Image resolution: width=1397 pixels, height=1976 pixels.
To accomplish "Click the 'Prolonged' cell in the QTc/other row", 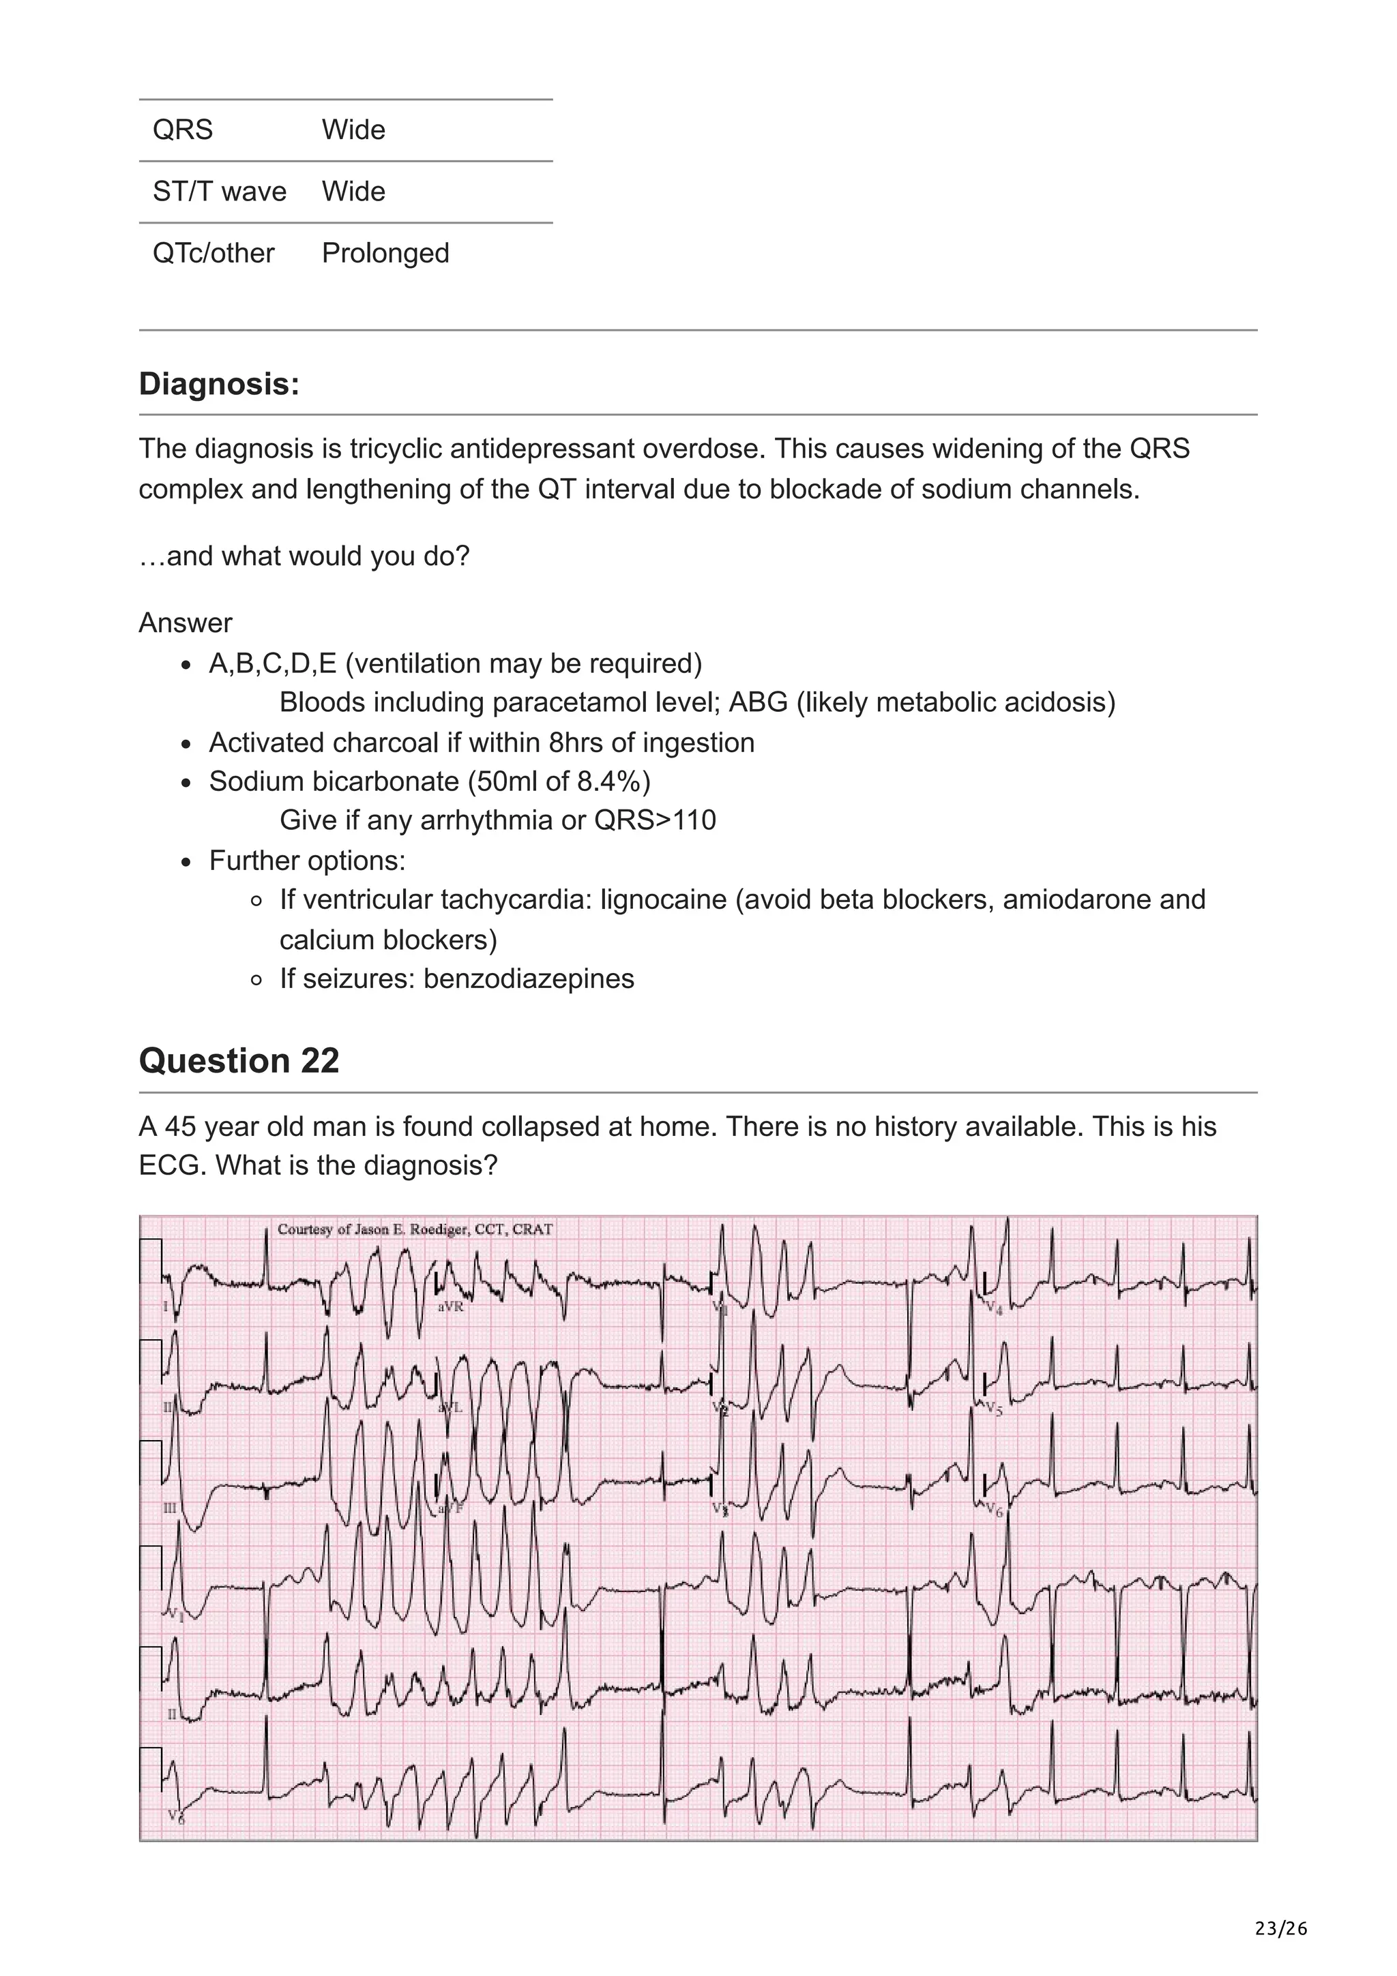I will click(x=385, y=253).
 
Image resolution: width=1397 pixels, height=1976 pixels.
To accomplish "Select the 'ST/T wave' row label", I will click(x=220, y=191).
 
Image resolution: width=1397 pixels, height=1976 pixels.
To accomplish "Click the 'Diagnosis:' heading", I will click(x=220, y=384).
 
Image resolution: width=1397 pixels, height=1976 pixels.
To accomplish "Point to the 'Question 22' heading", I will click(x=239, y=1060).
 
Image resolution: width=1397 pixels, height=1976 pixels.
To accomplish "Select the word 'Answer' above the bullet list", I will click(x=185, y=623).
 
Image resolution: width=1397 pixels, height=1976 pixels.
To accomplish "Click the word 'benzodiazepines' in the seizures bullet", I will click(x=529, y=978).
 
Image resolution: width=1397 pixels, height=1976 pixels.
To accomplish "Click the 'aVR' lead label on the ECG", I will click(x=450, y=1306).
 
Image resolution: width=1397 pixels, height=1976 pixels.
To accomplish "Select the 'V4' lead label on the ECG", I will click(x=993, y=1309).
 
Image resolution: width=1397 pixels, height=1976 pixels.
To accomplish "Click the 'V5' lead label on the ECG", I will click(x=993, y=1409).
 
